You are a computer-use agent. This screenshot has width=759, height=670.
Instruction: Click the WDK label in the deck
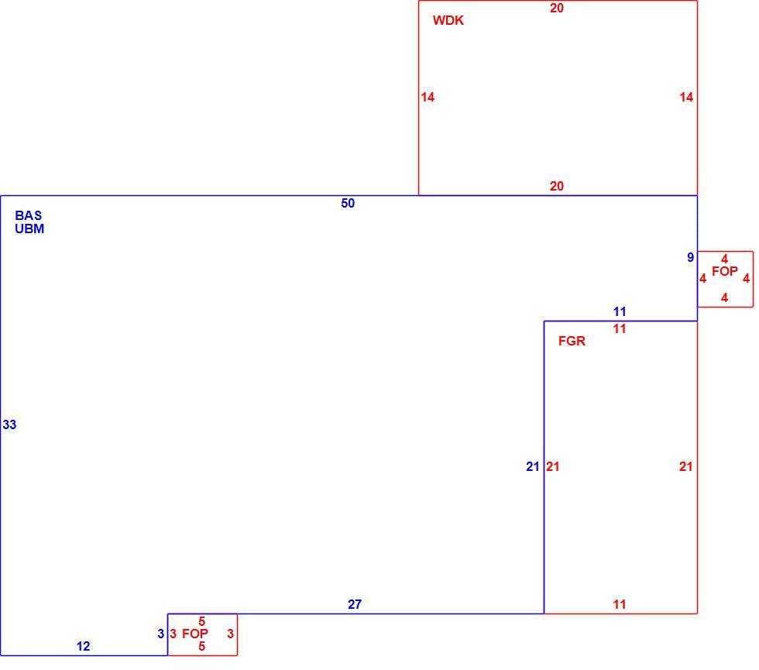click(x=448, y=20)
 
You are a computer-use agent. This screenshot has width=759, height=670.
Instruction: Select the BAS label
click(x=28, y=215)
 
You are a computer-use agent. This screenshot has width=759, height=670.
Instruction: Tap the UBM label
click(x=29, y=228)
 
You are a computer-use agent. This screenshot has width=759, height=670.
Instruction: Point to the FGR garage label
click(x=572, y=341)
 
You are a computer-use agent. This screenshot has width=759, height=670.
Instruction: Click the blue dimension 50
click(x=348, y=203)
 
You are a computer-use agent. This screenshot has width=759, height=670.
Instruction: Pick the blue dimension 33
click(x=9, y=424)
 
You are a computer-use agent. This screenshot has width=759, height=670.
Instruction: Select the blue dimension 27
click(x=355, y=604)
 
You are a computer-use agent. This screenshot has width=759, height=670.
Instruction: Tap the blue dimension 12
click(x=83, y=646)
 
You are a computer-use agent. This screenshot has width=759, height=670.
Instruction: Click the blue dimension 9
click(x=690, y=257)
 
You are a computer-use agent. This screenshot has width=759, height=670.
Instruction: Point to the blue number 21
click(x=533, y=466)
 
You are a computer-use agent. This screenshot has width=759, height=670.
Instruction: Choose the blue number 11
click(x=620, y=311)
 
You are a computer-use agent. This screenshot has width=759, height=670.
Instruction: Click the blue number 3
click(x=161, y=634)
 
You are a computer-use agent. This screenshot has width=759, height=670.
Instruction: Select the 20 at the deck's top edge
click(x=557, y=9)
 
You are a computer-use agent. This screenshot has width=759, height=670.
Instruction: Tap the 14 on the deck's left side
click(x=428, y=98)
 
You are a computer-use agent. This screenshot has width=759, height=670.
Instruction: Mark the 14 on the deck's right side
click(x=686, y=98)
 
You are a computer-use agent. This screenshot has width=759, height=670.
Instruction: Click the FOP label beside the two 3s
click(x=195, y=634)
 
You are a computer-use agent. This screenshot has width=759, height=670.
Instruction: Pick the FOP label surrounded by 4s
click(x=725, y=272)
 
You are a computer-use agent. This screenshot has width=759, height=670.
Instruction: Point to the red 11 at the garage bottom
click(x=620, y=604)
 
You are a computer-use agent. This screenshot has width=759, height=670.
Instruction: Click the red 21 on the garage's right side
click(x=685, y=466)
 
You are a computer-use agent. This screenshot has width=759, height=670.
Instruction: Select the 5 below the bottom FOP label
click(x=202, y=646)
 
